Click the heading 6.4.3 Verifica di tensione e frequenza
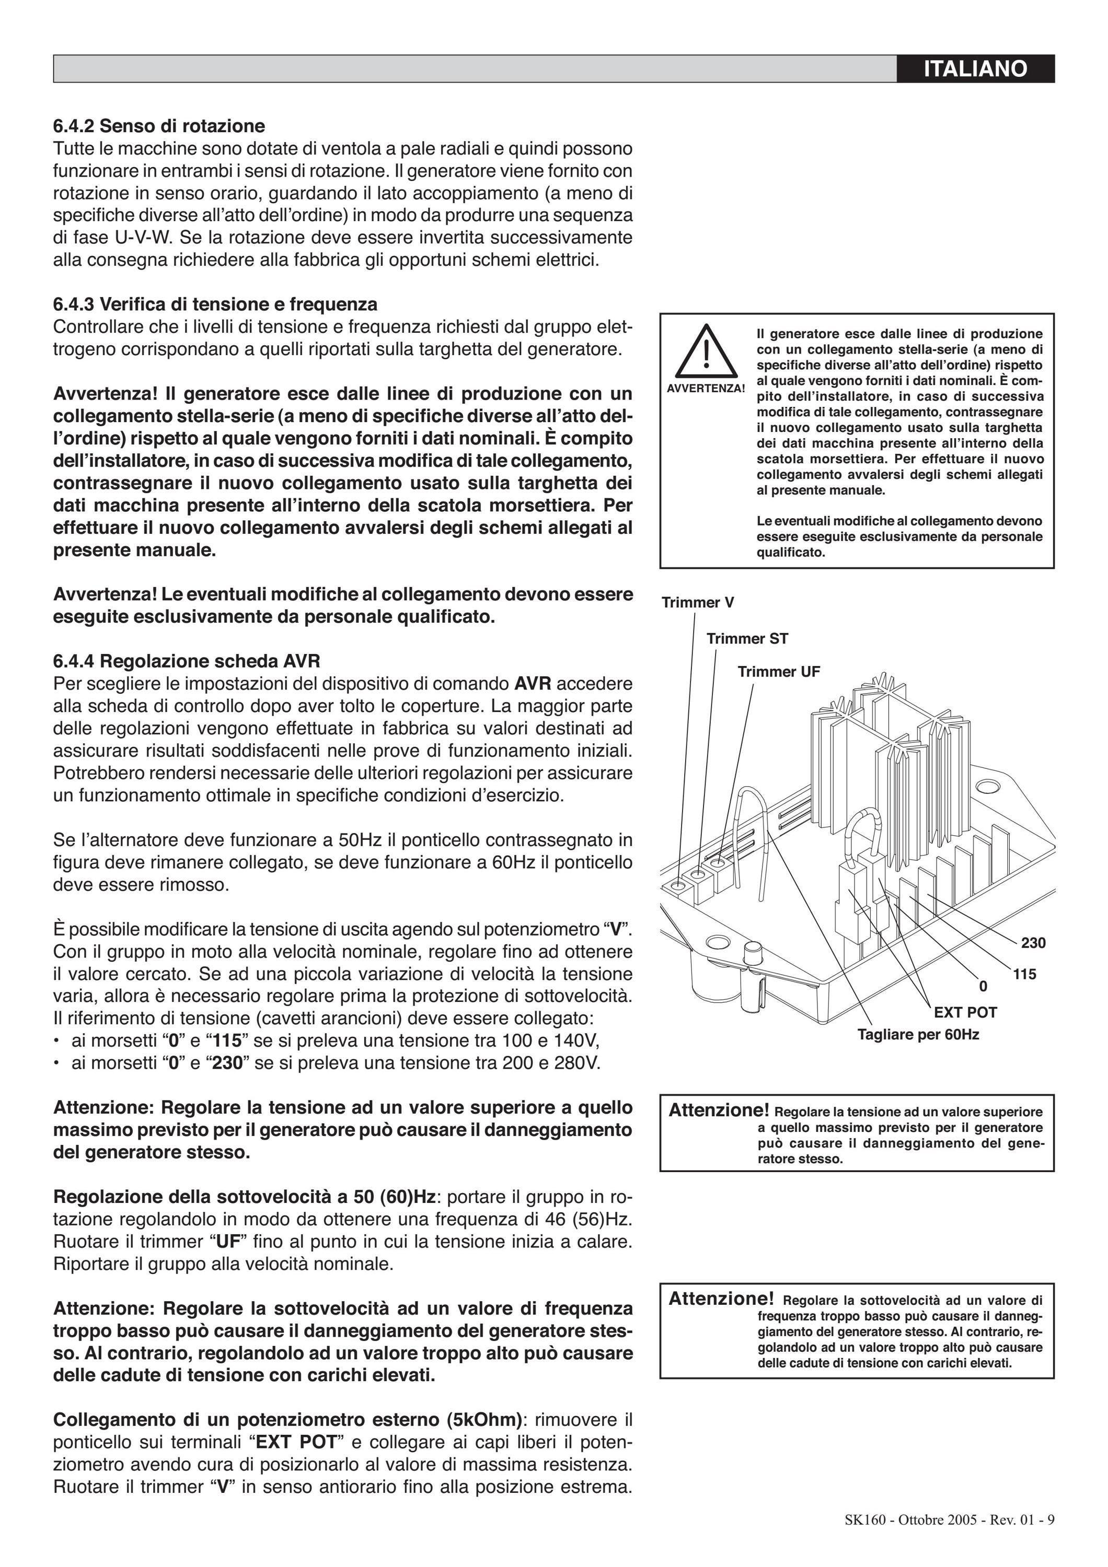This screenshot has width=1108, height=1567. (x=215, y=303)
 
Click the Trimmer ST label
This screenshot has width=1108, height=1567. (x=747, y=639)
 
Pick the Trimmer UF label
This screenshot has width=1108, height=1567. (x=779, y=672)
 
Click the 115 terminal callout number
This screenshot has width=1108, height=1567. (x=1024, y=975)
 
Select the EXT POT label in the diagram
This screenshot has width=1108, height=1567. (x=965, y=1012)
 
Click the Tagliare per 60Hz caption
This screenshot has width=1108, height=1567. (x=918, y=1035)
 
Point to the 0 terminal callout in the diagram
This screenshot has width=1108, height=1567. (x=983, y=986)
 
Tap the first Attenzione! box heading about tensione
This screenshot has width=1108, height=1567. (x=719, y=1110)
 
